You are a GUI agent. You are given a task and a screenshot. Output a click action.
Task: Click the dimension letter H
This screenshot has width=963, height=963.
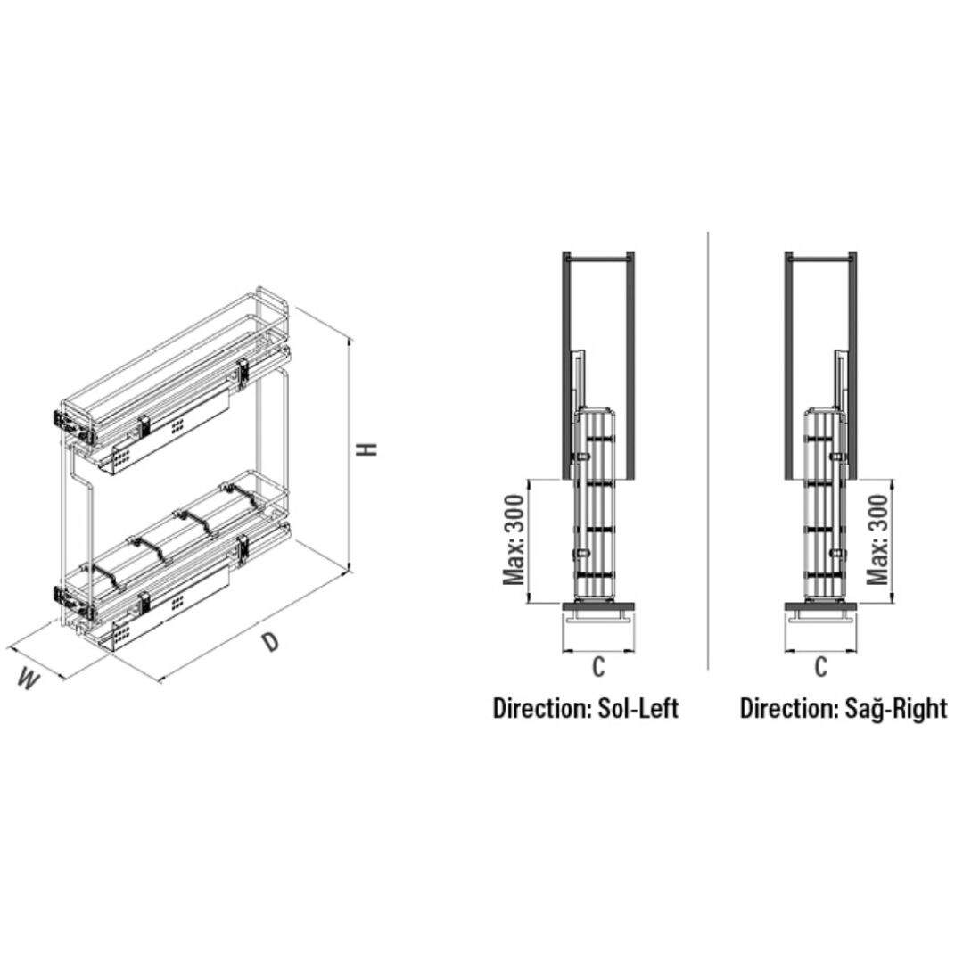tap(368, 449)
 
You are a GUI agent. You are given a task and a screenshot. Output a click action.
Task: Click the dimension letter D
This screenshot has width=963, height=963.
tap(271, 642)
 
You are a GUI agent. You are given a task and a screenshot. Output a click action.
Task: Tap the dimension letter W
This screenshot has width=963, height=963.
tap(29, 679)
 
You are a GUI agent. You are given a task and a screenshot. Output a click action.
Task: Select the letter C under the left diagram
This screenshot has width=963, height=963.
tap(599, 666)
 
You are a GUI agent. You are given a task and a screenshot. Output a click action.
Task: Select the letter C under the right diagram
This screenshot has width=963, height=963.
tap(821, 666)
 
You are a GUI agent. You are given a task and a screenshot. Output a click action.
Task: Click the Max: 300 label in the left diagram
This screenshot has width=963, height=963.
tap(515, 539)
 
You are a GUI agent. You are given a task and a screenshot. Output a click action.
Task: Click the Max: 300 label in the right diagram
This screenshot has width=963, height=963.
tap(877, 539)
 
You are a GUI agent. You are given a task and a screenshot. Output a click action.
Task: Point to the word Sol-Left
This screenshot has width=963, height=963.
tap(638, 708)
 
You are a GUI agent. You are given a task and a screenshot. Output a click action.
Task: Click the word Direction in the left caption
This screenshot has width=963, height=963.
tap(541, 708)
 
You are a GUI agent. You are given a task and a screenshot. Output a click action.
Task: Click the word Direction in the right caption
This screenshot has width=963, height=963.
tap(788, 708)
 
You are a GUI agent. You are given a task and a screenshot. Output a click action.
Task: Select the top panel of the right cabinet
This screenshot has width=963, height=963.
tap(821, 256)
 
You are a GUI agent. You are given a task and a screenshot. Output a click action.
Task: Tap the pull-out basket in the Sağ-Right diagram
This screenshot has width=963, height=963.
tap(826, 504)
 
